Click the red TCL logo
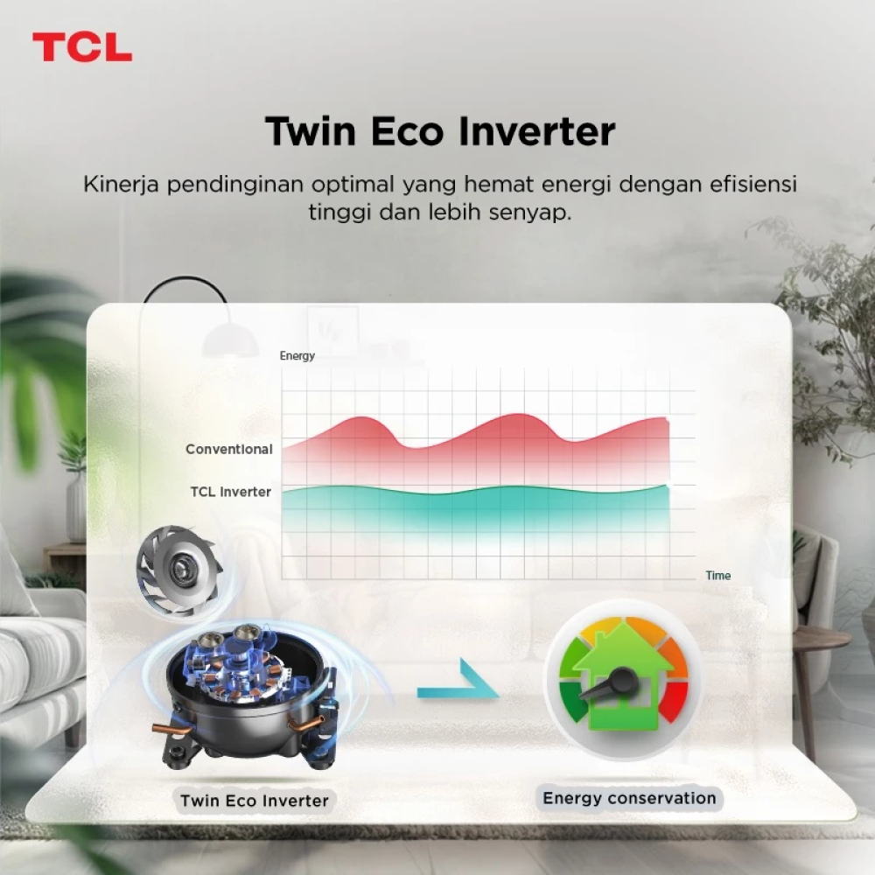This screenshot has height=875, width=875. [x=82, y=47]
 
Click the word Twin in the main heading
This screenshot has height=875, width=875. [x=311, y=131]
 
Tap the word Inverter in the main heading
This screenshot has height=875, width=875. [x=537, y=131]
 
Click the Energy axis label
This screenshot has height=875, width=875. [x=297, y=356]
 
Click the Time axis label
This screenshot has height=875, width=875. [x=717, y=576]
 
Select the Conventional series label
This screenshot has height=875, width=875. [x=228, y=449]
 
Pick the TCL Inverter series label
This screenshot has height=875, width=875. [x=230, y=492]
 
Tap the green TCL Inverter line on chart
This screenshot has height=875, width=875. [x=475, y=491]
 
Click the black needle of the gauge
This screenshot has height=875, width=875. [x=607, y=685]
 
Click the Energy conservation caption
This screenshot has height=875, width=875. [x=629, y=799]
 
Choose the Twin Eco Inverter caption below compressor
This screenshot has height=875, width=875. [x=255, y=801]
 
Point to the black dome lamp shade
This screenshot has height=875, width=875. [x=230, y=341]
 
